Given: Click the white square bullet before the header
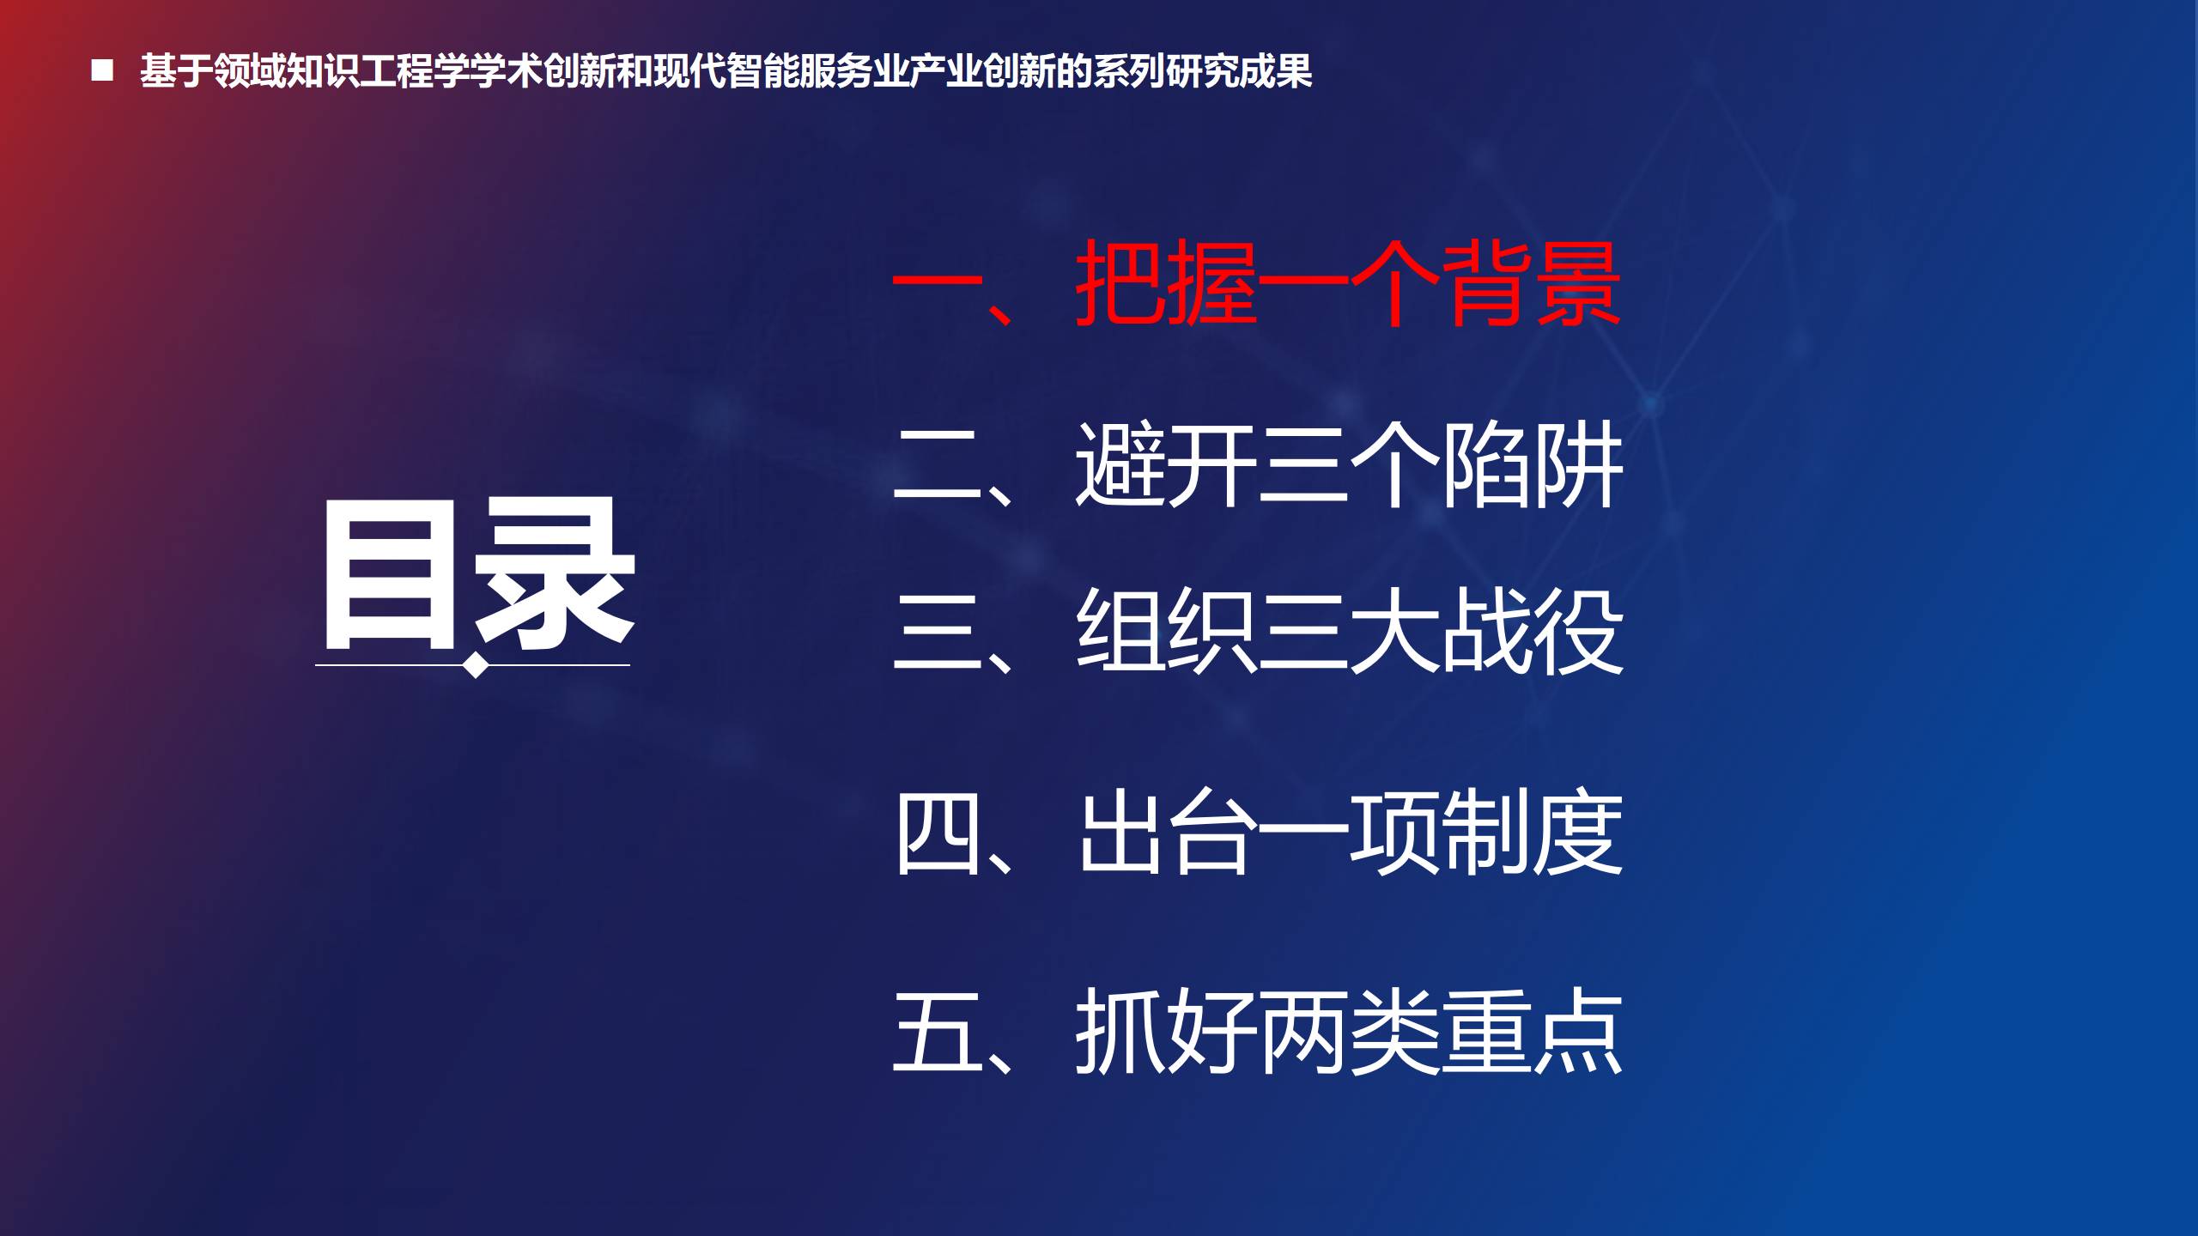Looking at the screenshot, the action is [102, 70].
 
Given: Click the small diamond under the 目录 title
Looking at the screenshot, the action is [476, 666].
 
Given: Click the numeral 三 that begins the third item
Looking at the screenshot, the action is [937, 632].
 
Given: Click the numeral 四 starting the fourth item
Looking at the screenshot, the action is [937, 833].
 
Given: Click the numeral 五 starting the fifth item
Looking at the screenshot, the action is [937, 1030].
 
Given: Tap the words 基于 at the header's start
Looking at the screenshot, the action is [176, 70].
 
